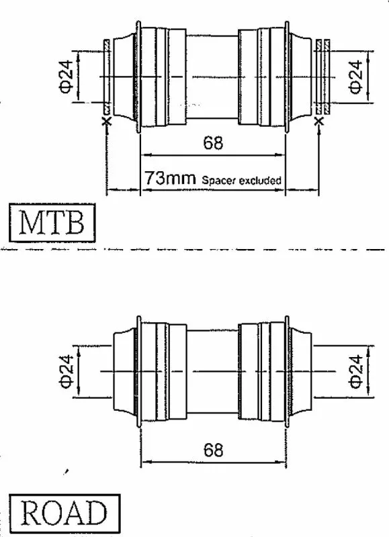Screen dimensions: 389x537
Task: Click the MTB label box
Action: click(52, 223)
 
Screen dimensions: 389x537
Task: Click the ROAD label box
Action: click(64, 513)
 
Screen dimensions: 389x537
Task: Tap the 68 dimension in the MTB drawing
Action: click(213, 142)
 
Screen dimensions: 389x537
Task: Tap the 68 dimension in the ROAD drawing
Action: click(213, 450)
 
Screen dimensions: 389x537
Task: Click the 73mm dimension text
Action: click(170, 178)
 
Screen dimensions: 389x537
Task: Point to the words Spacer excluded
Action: click(242, 180)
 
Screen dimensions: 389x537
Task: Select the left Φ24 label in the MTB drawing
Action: click(67, 77)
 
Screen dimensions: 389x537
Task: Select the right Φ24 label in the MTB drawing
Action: click(356, 77)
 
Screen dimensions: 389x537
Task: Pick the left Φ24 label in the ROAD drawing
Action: click(67, 371)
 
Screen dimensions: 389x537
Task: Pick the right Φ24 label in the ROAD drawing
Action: click(356, 371)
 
